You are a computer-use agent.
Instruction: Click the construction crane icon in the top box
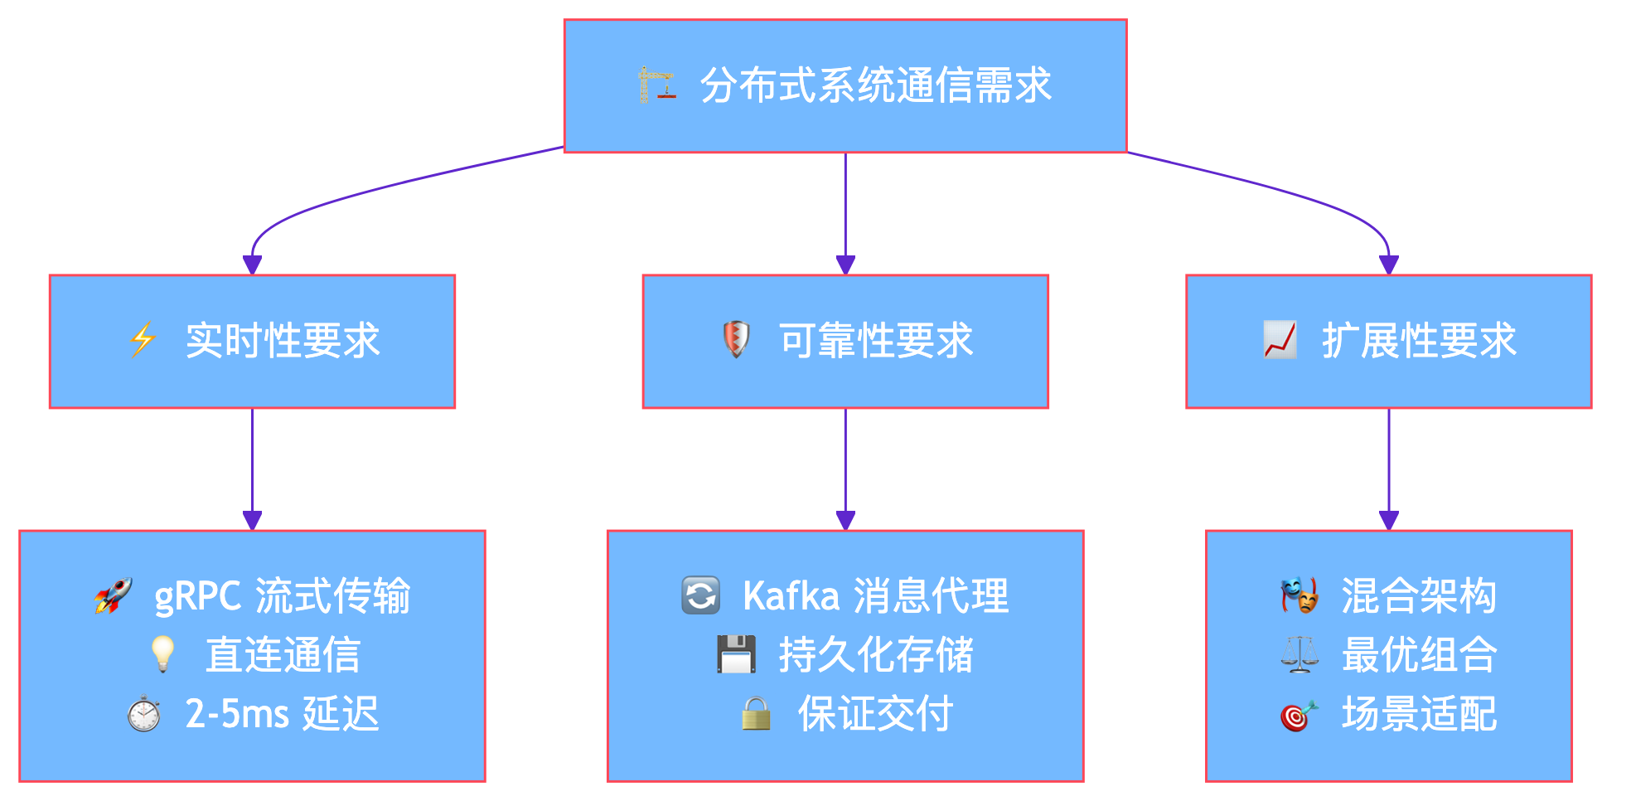click(x=656, y=85)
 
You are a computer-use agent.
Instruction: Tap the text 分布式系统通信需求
click(x=875, y=85)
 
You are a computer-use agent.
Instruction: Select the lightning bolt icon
click(x=143, y=340)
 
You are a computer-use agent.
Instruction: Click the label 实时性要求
click(x=283, y=341)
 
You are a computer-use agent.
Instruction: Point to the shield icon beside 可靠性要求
click(x=736, y=340)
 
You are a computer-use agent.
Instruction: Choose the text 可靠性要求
click(x=876, y=341)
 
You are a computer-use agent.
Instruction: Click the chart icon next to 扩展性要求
click(x=1280, y=340)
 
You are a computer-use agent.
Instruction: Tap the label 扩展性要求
click(x=1419, y=341)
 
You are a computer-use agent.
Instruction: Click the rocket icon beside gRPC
click(x=113, y=595)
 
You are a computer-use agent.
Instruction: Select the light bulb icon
click(x=162, y=654)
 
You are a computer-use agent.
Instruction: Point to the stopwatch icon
click(x=143, y=714)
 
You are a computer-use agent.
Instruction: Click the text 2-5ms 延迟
click(x=282, y=714)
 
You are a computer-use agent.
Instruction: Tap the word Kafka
click(x=791, y=596)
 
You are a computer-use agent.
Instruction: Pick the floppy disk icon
click(x=736, y=654)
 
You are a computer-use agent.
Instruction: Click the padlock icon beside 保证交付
click(x=756, y=714)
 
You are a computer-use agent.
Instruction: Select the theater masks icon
click(x=1299, y=595)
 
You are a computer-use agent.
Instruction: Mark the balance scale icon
click(x=1299, y=654)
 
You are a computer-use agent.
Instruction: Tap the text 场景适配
click(x=1419, y=714)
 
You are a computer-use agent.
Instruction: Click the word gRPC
click(x=197, y=596)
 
